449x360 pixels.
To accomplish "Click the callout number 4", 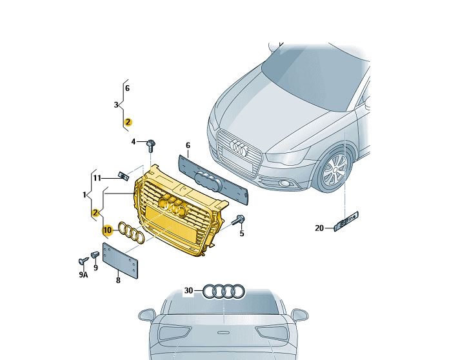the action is (133, 141).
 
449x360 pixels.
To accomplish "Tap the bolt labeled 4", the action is (150, 146).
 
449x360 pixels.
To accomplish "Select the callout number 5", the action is (242, 234).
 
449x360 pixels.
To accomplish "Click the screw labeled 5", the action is (238, 220).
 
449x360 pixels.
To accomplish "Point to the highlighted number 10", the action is (107, 230).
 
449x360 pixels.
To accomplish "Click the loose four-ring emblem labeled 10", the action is (132, 232).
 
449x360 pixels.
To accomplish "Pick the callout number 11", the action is (97, 178).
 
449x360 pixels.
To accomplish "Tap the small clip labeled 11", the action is (123, 175).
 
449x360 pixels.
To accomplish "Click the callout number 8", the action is (118, 280).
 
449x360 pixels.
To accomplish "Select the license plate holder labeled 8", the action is (120, 261).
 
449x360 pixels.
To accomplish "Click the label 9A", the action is (83, 275).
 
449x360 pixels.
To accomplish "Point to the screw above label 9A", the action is (83, 261).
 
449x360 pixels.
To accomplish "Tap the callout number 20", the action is (319, 228).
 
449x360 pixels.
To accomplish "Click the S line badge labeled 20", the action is (346, 221).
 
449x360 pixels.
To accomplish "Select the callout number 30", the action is (188, 291).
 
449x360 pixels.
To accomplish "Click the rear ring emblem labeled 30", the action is (224, 291).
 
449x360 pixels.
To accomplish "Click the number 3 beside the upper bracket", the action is (116, 105).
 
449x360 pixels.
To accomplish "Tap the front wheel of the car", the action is (334, 170).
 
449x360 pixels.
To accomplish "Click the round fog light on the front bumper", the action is (284, 183).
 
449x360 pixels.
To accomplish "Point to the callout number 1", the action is (85, 195).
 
